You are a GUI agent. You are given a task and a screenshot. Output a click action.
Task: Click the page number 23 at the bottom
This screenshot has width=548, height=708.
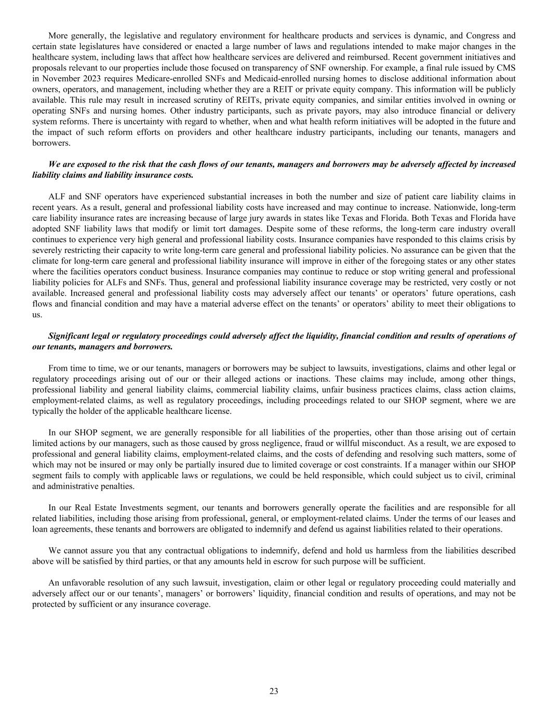pyautogui.click(x=274, y=691)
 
